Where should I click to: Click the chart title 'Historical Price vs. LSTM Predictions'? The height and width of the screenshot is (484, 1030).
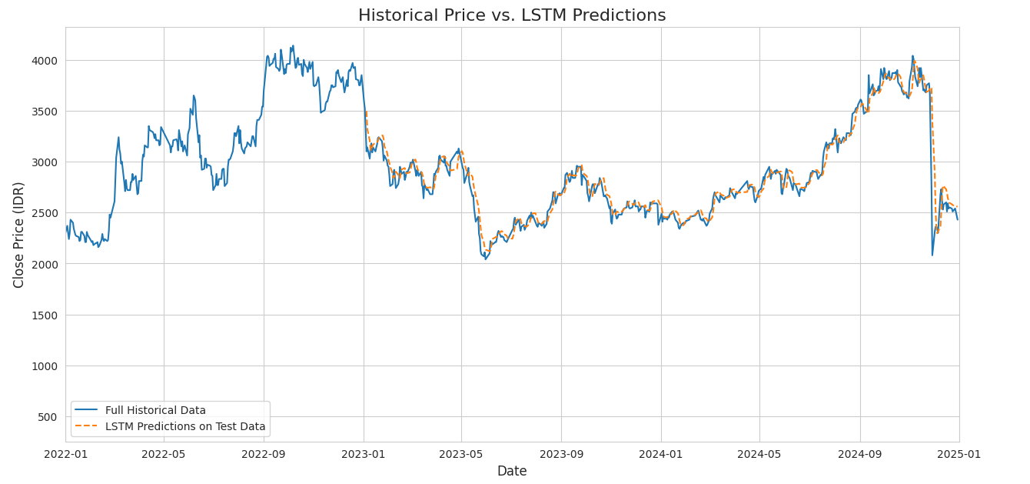[512, 15]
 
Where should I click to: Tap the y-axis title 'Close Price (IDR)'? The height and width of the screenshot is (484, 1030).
[19, 235]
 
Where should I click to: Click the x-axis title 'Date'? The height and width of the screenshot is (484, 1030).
[512, 471]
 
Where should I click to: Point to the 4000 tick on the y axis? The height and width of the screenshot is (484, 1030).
[43, 61]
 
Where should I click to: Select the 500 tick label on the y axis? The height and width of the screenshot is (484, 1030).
[46, 417]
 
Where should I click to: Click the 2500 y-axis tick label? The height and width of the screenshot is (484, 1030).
[43, 213]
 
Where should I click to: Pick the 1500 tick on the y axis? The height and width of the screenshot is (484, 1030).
[43, 315]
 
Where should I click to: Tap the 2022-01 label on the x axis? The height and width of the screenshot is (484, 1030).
[65, 453]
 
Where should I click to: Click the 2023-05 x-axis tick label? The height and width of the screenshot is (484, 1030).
[461, 453]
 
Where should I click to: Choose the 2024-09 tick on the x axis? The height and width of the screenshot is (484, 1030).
[859, 453]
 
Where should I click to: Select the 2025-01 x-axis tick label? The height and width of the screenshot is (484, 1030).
[959, 453]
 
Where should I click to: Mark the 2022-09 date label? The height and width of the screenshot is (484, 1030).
[264, 453]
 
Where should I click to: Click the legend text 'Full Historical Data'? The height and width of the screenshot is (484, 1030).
[155, 410]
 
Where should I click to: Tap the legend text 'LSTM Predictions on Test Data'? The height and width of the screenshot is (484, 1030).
[185, 426]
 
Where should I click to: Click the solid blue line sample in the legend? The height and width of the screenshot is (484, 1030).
[87, 410]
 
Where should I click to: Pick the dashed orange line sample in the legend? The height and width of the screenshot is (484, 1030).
[87, 426]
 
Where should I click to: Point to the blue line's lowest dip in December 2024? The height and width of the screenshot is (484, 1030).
[932, 255]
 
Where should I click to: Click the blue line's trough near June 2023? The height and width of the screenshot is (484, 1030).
[485, 259]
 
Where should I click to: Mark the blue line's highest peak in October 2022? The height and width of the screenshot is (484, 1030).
[293, 45]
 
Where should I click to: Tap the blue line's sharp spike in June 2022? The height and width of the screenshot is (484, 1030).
[193, 95]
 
